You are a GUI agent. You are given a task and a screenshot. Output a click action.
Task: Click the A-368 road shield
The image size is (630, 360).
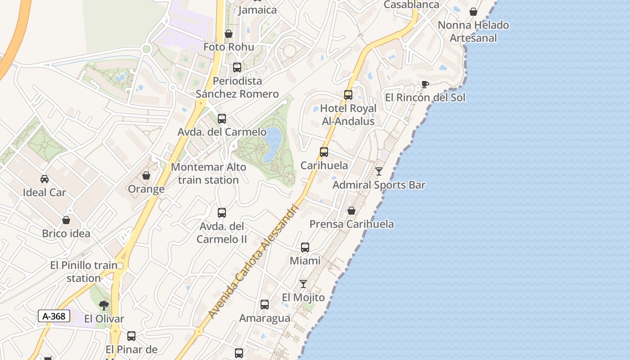[x=54, y=316]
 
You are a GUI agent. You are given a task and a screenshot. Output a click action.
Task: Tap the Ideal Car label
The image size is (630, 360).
[x=45, y=193]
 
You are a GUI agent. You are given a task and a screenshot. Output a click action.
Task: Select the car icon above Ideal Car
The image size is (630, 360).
[x=45, y=179]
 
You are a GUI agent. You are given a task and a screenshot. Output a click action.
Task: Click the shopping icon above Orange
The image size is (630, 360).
[x=146, y=175]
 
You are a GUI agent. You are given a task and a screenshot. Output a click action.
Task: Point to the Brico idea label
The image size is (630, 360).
[x=66, y=234]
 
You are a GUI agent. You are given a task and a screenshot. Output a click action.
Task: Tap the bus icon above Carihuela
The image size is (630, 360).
[x=324, y=152]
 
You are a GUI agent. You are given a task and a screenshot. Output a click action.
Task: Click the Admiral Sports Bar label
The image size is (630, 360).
[x=379, y=185]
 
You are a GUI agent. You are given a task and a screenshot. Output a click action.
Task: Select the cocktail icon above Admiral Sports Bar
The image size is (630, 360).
[x=379, y=171]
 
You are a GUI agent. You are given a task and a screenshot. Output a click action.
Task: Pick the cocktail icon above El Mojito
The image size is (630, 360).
[x=303, y=284]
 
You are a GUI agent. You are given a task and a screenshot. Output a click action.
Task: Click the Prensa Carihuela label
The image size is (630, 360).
[x=351, y=224]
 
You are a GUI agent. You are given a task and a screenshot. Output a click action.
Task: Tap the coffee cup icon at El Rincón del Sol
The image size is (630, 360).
[x=424, y=84]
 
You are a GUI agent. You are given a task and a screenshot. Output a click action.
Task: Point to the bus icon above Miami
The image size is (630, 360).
[x=305, y=247]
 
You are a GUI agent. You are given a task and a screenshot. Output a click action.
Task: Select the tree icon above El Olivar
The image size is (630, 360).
[x=104, y=306]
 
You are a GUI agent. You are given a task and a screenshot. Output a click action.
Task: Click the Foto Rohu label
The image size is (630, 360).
[x=229, y=47]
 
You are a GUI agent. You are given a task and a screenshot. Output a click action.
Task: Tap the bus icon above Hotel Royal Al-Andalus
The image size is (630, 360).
[x=348, y=95]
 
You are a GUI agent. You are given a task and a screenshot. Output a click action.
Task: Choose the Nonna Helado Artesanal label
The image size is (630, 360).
[x=473, y=31]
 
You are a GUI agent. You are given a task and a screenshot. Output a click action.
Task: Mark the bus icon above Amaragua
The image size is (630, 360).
[x=265, y=305]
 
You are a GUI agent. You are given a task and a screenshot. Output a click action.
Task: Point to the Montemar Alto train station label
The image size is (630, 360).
[x=208, y=173]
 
